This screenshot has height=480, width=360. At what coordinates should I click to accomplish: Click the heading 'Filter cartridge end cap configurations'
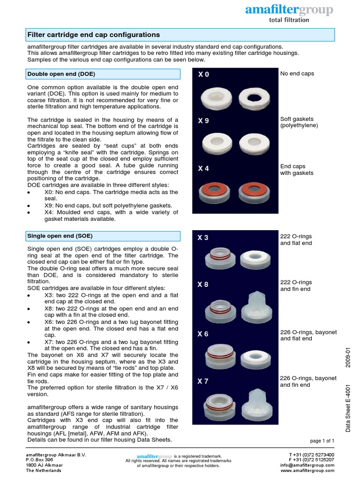(x=94, y=35)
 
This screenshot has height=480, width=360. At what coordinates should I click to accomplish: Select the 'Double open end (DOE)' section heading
(x=61, y=74)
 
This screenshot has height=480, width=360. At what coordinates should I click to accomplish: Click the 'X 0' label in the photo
(x=203, y=75)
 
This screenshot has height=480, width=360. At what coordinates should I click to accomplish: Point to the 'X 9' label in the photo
(x=203, y=120)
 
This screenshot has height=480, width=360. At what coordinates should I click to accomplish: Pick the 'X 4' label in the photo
(x=203, y=168)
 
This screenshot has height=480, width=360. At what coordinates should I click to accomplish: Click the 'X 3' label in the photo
(x=203, y=238)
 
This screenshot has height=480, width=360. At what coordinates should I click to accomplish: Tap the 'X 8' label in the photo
(x=203, y=285)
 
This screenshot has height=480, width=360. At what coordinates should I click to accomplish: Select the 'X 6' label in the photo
(x=203, y=334)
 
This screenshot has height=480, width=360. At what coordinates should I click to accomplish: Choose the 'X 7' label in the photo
(x=203, y=381)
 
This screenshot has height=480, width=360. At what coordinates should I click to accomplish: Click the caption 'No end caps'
(x=297, y=74)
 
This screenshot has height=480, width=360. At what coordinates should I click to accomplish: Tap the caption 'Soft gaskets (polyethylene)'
(x=299, y=122)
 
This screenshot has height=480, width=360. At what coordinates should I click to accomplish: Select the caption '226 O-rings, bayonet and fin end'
(x=308, y=382)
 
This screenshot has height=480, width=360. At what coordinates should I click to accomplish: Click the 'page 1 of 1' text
(x=322, y=441)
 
